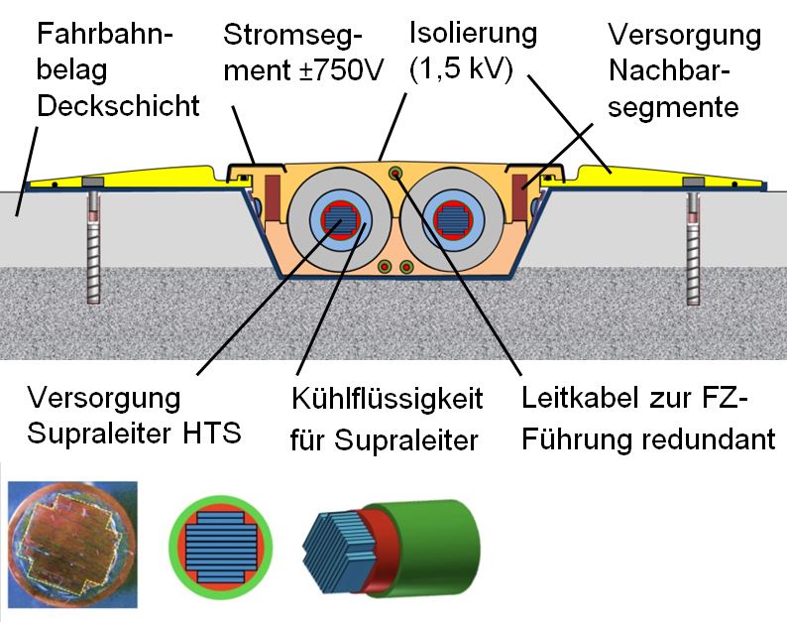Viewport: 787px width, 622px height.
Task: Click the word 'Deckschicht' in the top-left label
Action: point(118,106)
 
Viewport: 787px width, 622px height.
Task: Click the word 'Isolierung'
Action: point(473,34)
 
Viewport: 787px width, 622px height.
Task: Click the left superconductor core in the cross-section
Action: point(333,217)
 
